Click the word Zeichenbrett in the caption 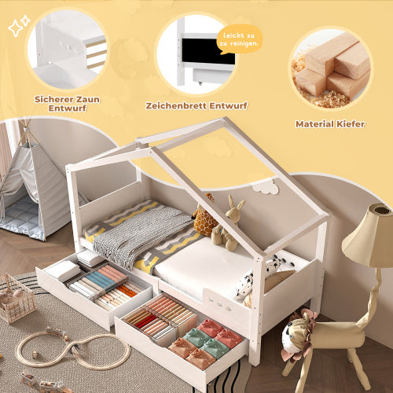tap(176, 105)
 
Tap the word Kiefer tap(351, 124)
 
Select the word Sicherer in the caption tap(53, 99)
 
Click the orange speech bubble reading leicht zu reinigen tap(239, 39)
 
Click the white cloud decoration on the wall tap(266, 187)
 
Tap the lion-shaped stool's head tap(296, 335)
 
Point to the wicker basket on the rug tap(17, 298)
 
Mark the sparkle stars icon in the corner tap(19, 26)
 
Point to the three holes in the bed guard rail tap(220, 303)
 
